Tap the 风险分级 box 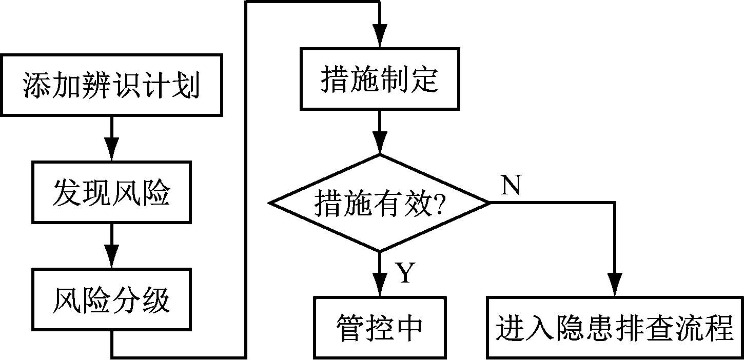pos(111,301)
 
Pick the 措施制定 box pos(379,79)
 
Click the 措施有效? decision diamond pos(379,204)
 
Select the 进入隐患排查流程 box pos(614,327)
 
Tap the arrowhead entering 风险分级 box pos(111,258)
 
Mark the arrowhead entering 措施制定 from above pos(379,38)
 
